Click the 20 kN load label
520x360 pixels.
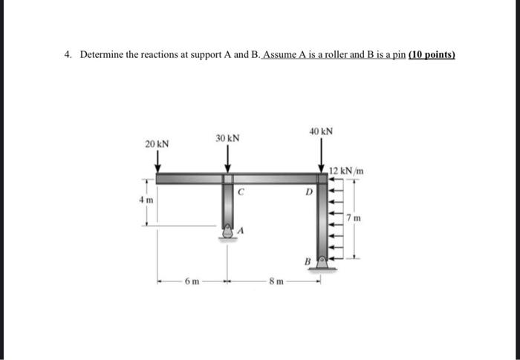[157, 144]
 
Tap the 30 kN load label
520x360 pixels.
[228, 139]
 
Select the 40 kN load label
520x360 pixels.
[321, 131]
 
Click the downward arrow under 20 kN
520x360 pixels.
[157, 163]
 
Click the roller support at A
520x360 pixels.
[228, 233]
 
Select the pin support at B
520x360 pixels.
[322, 262]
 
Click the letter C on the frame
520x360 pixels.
[240, 192]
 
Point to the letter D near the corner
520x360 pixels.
[308, 192]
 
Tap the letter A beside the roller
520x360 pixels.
[241, 232]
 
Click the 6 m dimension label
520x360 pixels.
[190, 282]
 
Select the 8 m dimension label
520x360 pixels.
[276, 282]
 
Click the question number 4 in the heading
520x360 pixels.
[66, 55]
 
